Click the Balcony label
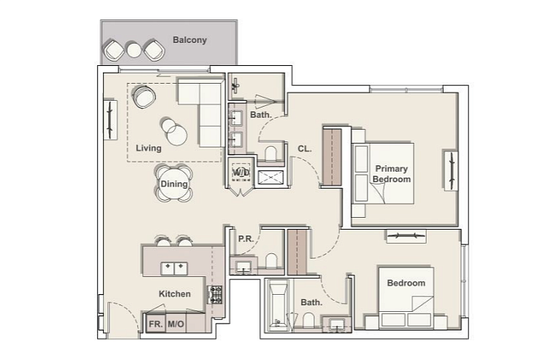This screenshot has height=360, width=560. [x=190, y=40]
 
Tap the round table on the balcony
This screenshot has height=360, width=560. [x=134, y=50]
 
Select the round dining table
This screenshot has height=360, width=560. [x=174, y=184]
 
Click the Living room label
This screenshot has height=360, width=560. [x=149, y=148]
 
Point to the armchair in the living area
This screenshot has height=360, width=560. [x=144, y=96]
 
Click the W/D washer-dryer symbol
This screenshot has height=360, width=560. [x=241, y=173]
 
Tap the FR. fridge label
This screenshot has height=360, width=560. [x=156, y=324]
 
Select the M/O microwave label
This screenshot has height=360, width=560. [x=176, y=324]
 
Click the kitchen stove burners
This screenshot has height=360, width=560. [x=215, y=295]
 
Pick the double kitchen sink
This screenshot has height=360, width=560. [x=174, y=269]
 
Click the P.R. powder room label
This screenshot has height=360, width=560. [x=246, y=239]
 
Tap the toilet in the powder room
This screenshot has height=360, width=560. [x=271, y=261]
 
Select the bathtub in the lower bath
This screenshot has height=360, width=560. [x=279, y=305]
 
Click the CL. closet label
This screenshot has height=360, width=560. [x=304, y=149]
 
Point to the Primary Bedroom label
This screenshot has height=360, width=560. [x=392, y=174]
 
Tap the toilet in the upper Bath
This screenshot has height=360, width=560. [x=271, y=153]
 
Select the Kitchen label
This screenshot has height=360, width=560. [x=175, y=294]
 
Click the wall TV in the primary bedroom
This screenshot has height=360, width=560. [x=451, y=170]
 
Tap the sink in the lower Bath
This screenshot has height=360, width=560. [x=337, y=324]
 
